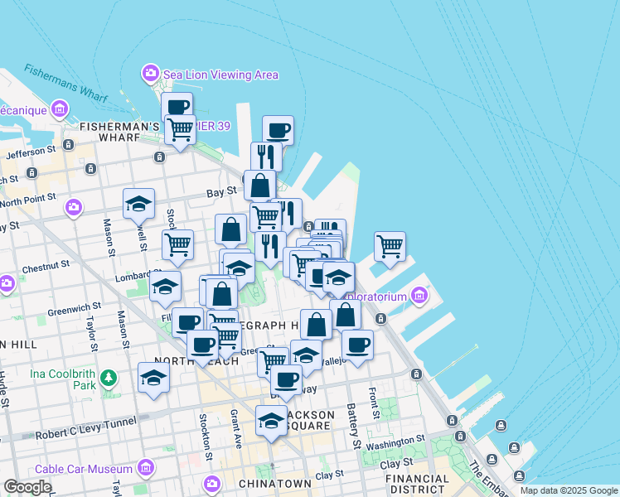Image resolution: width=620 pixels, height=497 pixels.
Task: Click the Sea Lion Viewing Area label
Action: click(x=220, y=75)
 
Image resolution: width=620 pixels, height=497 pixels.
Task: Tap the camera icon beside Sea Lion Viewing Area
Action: click(x=151, y=74)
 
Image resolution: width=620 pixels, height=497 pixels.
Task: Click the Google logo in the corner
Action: click(x=27, y=487)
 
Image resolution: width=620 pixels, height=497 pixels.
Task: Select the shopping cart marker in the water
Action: click(x=390, y=246)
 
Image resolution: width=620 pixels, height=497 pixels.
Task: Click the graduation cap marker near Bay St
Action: click(x=139, y=204)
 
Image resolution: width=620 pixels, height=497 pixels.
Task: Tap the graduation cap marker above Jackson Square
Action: click(x=271, y=421)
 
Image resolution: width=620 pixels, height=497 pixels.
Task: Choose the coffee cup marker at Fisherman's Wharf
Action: click(x=177, y=107)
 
